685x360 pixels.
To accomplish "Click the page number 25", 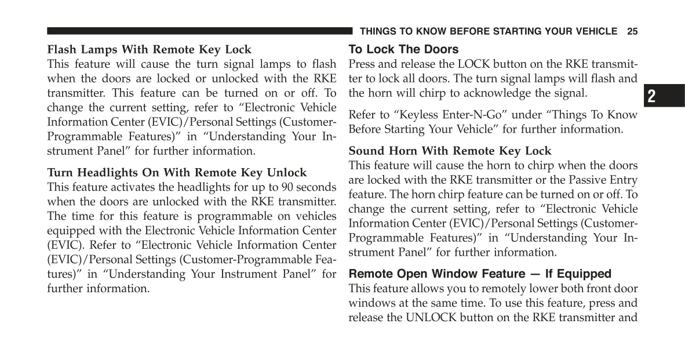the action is click(x=632, y=31).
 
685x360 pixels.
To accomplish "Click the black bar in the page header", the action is click(x=199, y=31).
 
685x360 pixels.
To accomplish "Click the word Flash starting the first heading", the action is click(x=62, y=49).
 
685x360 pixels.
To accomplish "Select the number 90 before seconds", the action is click(x=287, y=187).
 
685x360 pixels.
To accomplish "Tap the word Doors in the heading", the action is click(x=440, y=49).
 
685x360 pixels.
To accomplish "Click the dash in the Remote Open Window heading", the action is click(x=535, y=274).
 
